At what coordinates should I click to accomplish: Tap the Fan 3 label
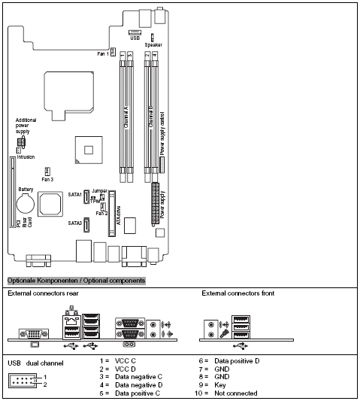point(47,180)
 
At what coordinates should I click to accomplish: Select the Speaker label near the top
point(153,45)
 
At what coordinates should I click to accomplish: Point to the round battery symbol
point(26,202)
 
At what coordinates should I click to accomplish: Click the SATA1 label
point(74,194)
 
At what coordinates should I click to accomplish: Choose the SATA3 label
point(74,223)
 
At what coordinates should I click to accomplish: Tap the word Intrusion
point(26,157)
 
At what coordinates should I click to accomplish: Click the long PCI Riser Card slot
point(11,191)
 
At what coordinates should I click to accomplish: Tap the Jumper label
point(99,191)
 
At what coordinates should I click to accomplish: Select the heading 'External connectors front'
point(239,293)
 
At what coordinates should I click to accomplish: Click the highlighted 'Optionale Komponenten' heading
point(75,280)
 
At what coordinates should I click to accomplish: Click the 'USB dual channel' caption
point(36,362)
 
